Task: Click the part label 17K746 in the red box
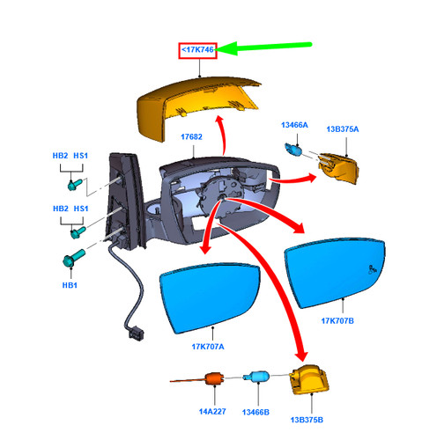click(x=197, y=49)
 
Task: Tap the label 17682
click(x=191, y=136)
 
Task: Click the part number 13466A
click(x=294, y=125)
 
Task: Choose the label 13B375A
click(x=343, y=129)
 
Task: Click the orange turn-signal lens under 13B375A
click(x=338, y=168)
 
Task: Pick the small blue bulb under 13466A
click(x=293, y=150)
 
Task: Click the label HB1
click(x=70, y=285)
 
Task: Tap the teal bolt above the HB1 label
click(x=73, y=258)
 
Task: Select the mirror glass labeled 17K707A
click(x=210, y=297)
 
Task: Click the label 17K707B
click(x=337, y=321)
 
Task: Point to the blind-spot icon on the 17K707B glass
click(x=373, y=269)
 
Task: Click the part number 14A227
click(x=212, y=412)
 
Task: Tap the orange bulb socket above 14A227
click(x=215, y=378)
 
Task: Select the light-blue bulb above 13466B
click(x=256, y=377)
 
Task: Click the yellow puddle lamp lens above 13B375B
click(x=309, y=380)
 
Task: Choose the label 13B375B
click(x=307, y=420)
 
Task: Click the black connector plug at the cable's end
click(x=137, y=334)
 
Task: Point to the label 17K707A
click(x=208, y=347)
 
